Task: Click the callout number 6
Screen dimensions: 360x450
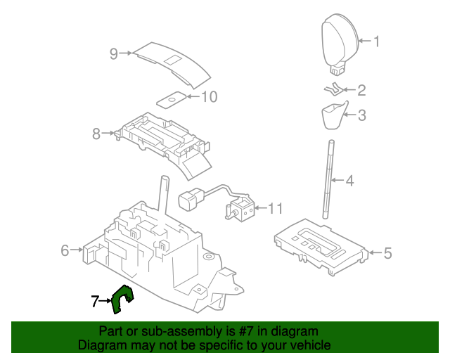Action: click(x=65, y=250)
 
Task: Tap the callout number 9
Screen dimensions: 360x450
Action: click(x=113, y=53)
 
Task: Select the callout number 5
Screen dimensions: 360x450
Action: click(x=387, y=253)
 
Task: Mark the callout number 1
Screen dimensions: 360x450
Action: click(x=376, y=41)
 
